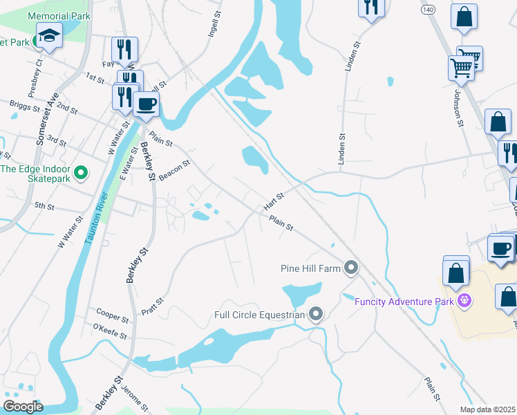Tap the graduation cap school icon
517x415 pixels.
(49, 35)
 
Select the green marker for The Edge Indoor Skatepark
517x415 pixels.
(81, 172)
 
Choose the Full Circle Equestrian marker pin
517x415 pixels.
(317, 315)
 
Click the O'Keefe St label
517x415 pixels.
(110, 331)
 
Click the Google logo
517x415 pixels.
(23, 406)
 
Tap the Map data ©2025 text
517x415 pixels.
(487, 409)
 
